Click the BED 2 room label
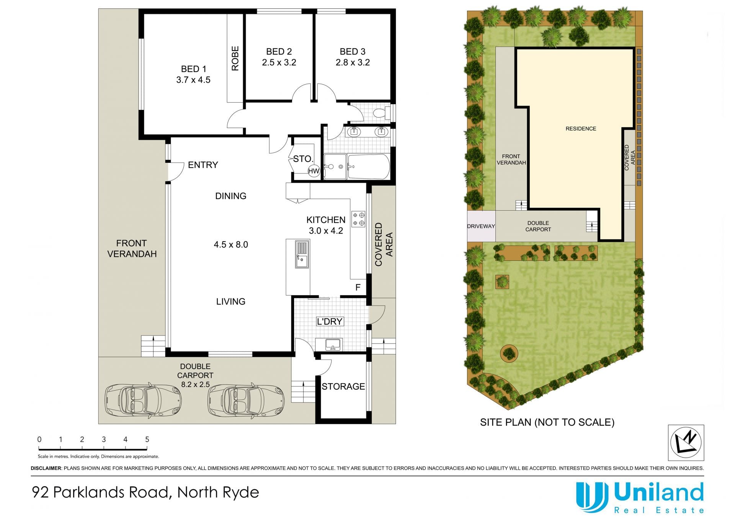279,51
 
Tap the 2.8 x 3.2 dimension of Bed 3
353,62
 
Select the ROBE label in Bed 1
235,59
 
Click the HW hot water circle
314,171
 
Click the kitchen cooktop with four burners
359,219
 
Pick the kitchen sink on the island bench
302,254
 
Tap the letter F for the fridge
358,287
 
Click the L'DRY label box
330,321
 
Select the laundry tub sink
333,345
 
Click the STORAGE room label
343,386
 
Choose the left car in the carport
143,399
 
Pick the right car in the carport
246,399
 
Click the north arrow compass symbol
686,443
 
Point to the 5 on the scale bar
147,439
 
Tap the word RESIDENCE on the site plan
581,129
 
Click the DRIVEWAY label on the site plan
481,226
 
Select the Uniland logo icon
592,497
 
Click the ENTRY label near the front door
203,165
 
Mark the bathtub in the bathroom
368,167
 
